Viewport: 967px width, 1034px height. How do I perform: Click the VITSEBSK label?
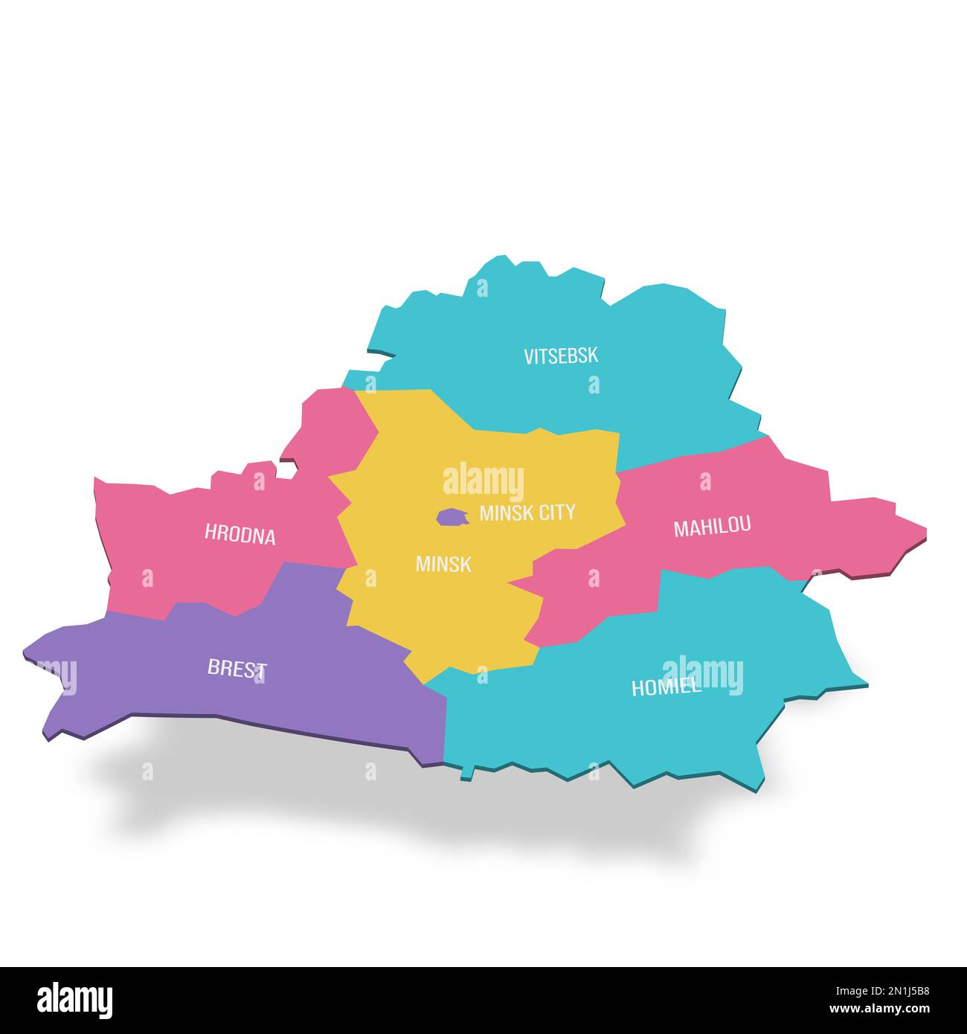pyautogui.click(x=560, y=356)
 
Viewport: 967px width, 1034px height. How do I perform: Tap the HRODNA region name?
pyautogui.click(x=240, y=534)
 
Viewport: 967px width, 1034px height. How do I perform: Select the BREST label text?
pyautogui.click(x=237, y=668)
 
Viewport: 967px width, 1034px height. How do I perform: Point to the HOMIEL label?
pyautogui.click(x=666, y=687)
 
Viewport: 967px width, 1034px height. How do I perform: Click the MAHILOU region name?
pyautogui.click(x=712, y=527)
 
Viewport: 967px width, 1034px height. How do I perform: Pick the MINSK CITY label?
pyautogui.click(x=527, y=512)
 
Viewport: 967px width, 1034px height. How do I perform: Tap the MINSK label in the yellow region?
pyautogui.click(x=443, y=564)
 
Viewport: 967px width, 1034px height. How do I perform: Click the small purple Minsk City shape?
pyautogui.click(x=450, y=516)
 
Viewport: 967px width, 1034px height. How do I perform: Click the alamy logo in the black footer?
pyautogui.click(x=75, y=1000)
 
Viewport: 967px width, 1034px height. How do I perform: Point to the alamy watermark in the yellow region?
pyautogui.click(x=483, y=481)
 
